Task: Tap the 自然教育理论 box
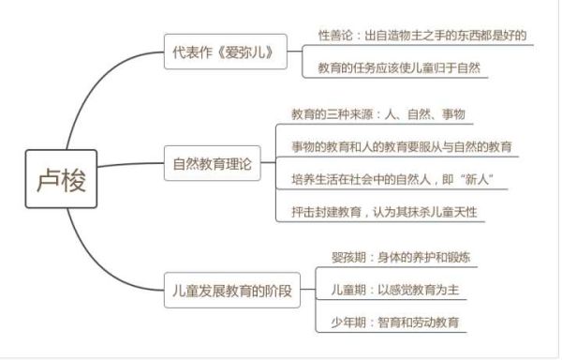pos(213,162)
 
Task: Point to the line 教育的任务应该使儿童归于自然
pos(404,68)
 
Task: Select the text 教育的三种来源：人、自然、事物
pos(378,114)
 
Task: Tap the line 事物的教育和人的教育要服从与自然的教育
pos(401,146)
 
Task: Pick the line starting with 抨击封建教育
pos(384,211)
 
